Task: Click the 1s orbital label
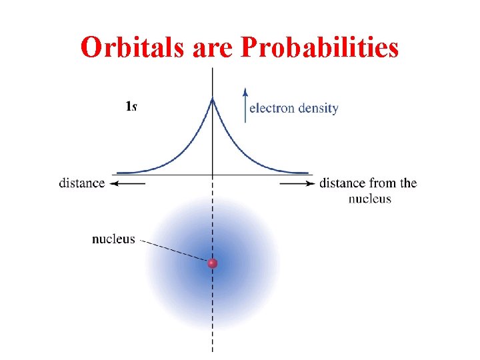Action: [131, 105]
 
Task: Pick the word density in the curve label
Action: [317, 108]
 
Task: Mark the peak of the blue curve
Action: [213, 99]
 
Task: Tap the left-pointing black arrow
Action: [127, 183]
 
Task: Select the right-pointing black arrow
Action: [297, 183]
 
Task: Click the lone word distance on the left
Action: [82, 183]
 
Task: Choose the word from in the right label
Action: [381, 183]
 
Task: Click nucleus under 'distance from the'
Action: [369, 199]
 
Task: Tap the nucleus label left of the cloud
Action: [113, 239]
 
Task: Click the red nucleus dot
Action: [213, 263]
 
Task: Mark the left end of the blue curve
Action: [117, 173]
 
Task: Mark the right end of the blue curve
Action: [308, 173]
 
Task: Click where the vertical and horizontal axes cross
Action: [213, 175]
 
